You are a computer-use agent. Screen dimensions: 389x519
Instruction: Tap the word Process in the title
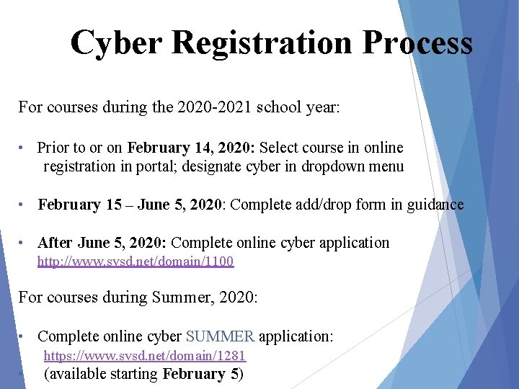(x=417, y=43)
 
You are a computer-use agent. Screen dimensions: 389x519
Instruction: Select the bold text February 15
(x=79, y=205)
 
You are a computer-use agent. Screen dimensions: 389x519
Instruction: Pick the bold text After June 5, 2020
(x=102, y=243)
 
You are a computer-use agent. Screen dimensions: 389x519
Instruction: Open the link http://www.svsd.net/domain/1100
(x=136, y=261)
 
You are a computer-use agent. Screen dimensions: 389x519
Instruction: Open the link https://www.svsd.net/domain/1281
(x=145, y=355)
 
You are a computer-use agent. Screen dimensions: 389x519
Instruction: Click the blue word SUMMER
(x=220, y=336)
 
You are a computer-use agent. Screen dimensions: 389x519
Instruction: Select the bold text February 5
(x=201, y=374)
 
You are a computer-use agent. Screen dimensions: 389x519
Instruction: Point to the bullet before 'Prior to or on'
(x=23, y=148)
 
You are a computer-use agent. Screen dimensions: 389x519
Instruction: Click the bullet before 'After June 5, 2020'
(x=23, y=243)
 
